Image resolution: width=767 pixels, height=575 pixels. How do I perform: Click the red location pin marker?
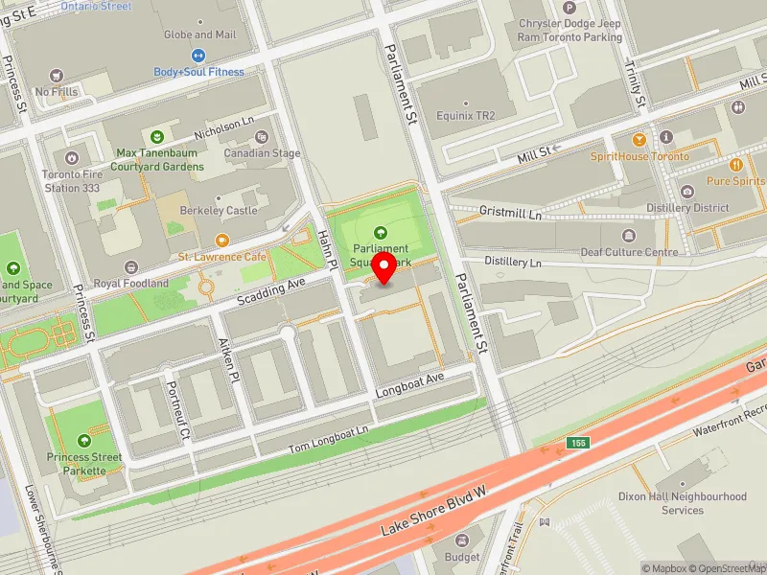pyautogui.click(x=384, y=269)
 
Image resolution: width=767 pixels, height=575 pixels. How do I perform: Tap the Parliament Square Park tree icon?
pyautogui.click(x=381, y=232)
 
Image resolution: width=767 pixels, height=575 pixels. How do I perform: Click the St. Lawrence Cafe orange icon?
pyautogui.click(x=222, y=241)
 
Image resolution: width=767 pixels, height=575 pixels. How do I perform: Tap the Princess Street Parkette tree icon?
pyautogui.click(x=84, y=440)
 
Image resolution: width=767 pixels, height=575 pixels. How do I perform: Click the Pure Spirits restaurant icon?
pyautogui.click(x=736, y=164)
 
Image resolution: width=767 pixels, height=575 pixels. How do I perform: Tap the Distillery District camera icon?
pyautogui.click(x=687, y=191)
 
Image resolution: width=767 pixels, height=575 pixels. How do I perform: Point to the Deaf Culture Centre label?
pyautogui.click(x=629, y=252)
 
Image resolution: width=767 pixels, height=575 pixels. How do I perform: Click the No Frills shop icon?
pyautogui.click(x=57, y=75)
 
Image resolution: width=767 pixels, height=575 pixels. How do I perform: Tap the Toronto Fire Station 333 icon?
pyautogui.click(x=69, y=158)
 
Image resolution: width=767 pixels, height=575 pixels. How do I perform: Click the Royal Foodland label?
pyautogui.click(x=130, y=284)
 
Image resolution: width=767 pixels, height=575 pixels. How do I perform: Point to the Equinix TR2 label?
pyautogui.click(x=465, y=117)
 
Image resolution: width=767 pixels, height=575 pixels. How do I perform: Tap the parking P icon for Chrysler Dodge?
pyautogui.click(x=569, y=7)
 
